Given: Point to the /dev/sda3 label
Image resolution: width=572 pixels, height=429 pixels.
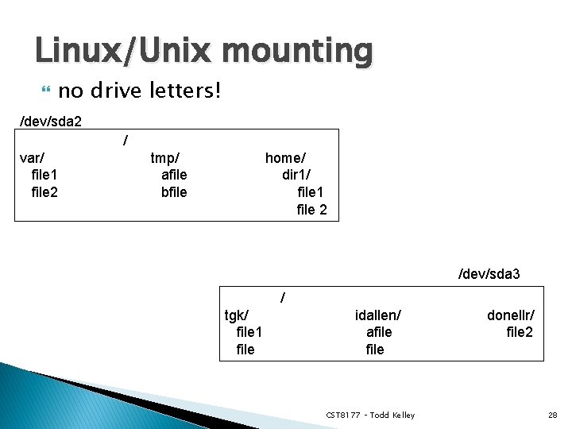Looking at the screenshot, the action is pos(489,274).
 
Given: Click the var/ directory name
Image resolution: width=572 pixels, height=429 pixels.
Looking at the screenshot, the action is pos(32,157).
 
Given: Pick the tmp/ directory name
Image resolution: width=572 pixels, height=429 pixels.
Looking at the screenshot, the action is pos(165,157).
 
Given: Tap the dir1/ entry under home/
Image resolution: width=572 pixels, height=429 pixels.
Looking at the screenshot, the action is pos(296,175).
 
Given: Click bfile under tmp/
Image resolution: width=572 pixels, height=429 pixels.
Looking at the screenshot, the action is pos(174,192).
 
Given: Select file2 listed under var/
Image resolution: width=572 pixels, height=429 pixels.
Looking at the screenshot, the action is pos(44,192).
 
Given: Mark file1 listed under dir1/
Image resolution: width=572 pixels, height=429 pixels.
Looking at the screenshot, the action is pos(311,192).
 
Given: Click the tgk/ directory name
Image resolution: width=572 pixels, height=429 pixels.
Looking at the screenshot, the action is pos(238,315).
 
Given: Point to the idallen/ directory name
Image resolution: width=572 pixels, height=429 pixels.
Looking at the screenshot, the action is pos(378,315).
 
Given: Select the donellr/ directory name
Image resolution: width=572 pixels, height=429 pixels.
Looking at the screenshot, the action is pos(511,315).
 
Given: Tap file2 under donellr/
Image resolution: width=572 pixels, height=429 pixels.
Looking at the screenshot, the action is pos(520,332).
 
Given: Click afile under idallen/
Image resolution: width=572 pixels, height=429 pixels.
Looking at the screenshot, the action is pos(379,332).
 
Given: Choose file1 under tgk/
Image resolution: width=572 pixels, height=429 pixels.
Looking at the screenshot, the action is pos(249,332).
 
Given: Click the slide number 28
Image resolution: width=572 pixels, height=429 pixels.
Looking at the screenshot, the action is pos(552,415).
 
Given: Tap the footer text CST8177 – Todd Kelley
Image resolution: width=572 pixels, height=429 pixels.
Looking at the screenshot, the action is pos(370,415).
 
